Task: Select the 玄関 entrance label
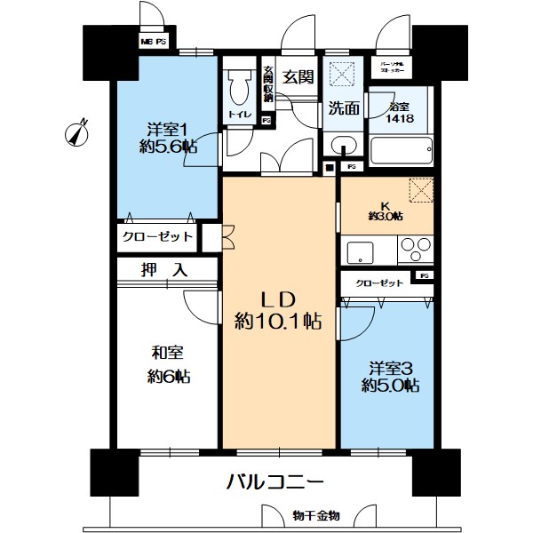[x=299, y=77]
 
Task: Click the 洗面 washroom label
[x=343, y=109]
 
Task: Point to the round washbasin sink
[x=342, y=146]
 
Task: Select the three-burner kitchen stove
[x=412, y=247]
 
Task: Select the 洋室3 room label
[x=390, y=367]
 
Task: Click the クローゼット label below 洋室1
[x=158, y=237]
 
